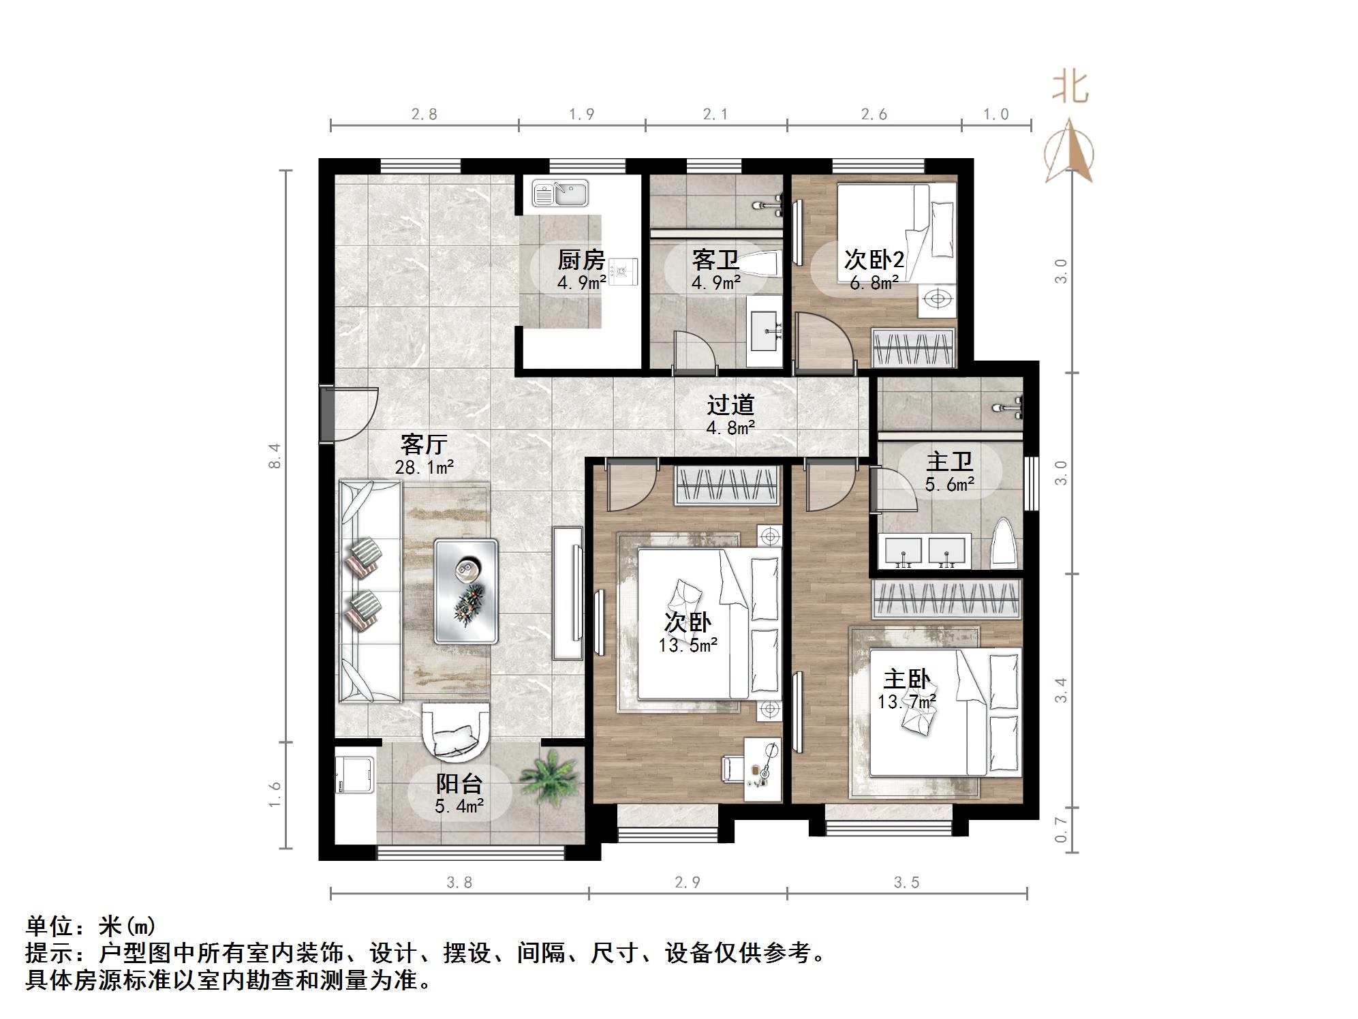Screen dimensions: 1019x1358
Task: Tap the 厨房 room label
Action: point(581,260)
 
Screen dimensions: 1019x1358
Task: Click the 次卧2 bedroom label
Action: point(874,260)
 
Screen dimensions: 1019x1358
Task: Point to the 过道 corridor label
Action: point(730,405)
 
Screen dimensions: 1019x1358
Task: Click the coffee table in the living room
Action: point(466,591)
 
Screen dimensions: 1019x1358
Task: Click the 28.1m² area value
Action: point(424,468)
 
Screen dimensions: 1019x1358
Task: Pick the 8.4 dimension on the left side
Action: point(275,455)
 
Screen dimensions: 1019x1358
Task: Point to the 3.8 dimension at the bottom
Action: point(459,883)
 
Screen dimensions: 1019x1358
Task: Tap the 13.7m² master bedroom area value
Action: point(906,701)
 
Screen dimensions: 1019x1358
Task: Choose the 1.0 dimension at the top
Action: point(996,115)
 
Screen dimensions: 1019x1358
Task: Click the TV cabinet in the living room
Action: point(567,592)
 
